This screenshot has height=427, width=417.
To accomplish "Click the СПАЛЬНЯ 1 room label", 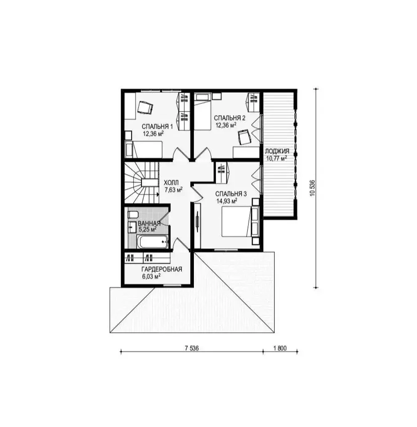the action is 157,126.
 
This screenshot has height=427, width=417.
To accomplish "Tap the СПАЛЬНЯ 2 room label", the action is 230,118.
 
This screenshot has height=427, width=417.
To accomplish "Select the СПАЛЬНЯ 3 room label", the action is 231,194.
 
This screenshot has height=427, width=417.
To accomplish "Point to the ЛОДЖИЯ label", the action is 277,152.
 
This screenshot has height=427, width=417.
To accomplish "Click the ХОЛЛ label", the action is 171,183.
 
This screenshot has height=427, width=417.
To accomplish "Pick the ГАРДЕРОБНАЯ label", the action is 161,269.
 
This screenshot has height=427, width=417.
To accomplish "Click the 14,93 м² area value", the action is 227,201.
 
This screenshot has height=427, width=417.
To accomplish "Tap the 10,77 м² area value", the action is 276,158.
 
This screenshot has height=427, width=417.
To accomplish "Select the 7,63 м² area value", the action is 173,189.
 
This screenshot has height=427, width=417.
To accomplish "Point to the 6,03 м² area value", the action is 151,276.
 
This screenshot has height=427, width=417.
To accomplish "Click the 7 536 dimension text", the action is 192,348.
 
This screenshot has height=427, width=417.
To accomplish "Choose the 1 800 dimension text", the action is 280,348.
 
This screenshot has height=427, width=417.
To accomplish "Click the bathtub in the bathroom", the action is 153,242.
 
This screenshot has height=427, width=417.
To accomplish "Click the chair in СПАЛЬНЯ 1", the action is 145,107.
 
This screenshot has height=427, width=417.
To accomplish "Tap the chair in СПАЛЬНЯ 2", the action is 244,137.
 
